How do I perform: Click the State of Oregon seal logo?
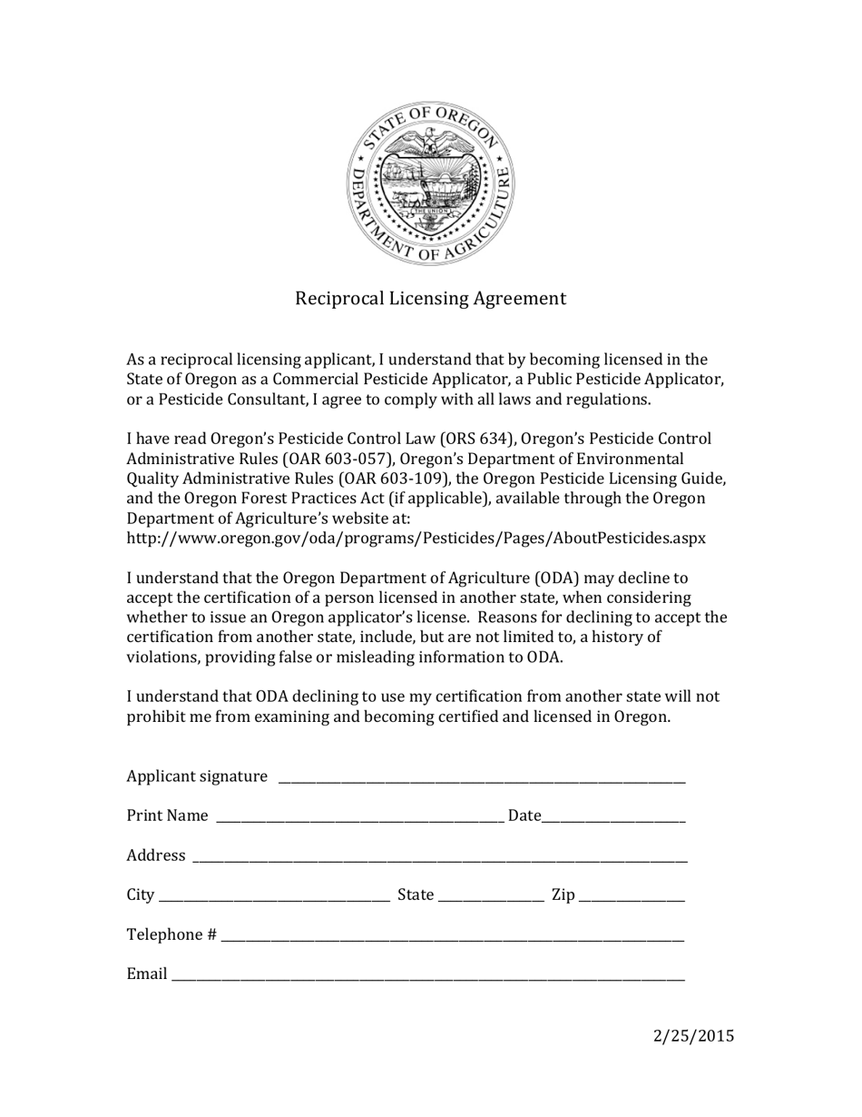[x=430, y=183]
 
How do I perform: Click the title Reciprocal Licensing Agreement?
[x=430, y=299]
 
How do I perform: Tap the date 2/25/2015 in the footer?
[x=693, y=1036]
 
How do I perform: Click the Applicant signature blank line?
[x=481, y=777]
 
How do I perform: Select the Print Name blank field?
[x=358, y=817]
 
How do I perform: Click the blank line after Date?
[x=613, y=817]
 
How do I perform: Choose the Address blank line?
[x=439, y=857]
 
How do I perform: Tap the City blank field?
[x=274, y=897]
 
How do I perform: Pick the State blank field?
[x=490, y=897]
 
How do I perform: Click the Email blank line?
[x=427, y=976]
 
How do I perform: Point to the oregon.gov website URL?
[x=416, y=539]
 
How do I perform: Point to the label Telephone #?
[x=171, y=935]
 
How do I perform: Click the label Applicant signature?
[x=197, y=776]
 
